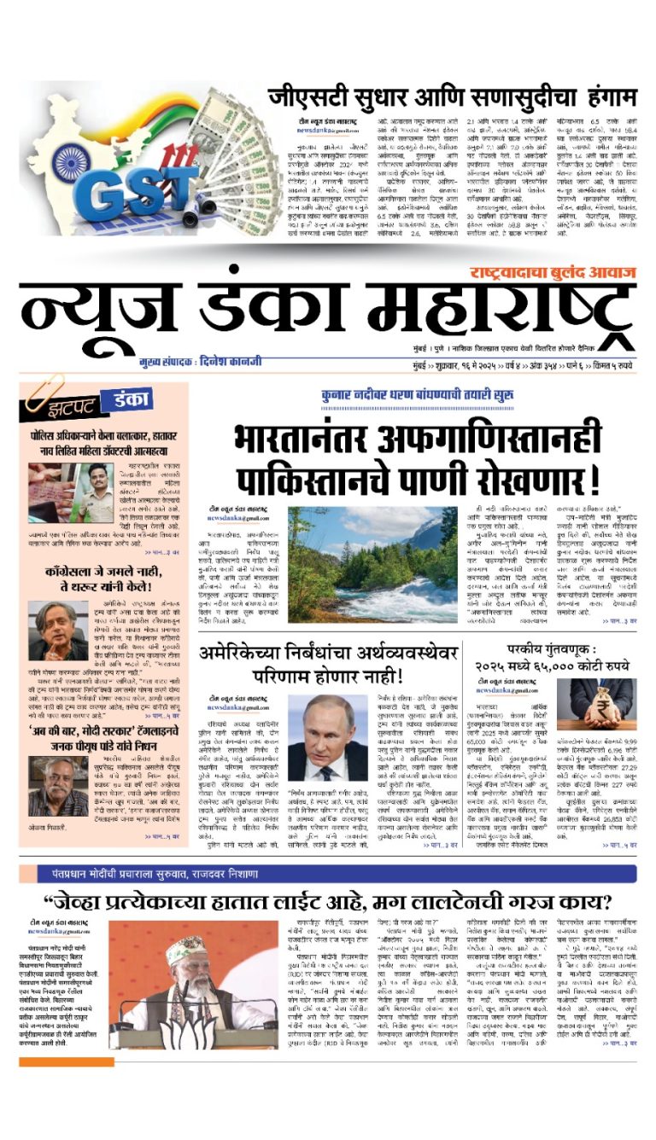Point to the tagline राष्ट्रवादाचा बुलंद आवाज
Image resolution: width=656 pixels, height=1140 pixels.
pyautogui.click(x=552, y=273)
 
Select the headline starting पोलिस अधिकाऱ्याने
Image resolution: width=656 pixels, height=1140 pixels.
pyautogui.click(x=103, y=437)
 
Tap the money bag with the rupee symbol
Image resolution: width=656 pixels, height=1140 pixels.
pyautogui.click(x=601, y=705)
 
